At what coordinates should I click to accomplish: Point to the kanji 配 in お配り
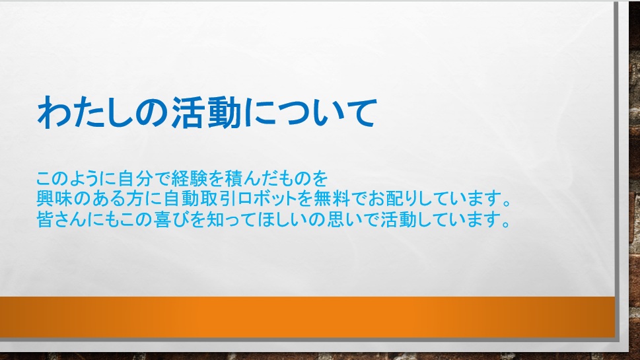(x=396, y=198)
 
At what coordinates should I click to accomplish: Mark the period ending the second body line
(x=507, y=203)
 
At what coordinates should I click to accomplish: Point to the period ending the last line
(x=507, y=224)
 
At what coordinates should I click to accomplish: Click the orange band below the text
(x=307, y=317)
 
